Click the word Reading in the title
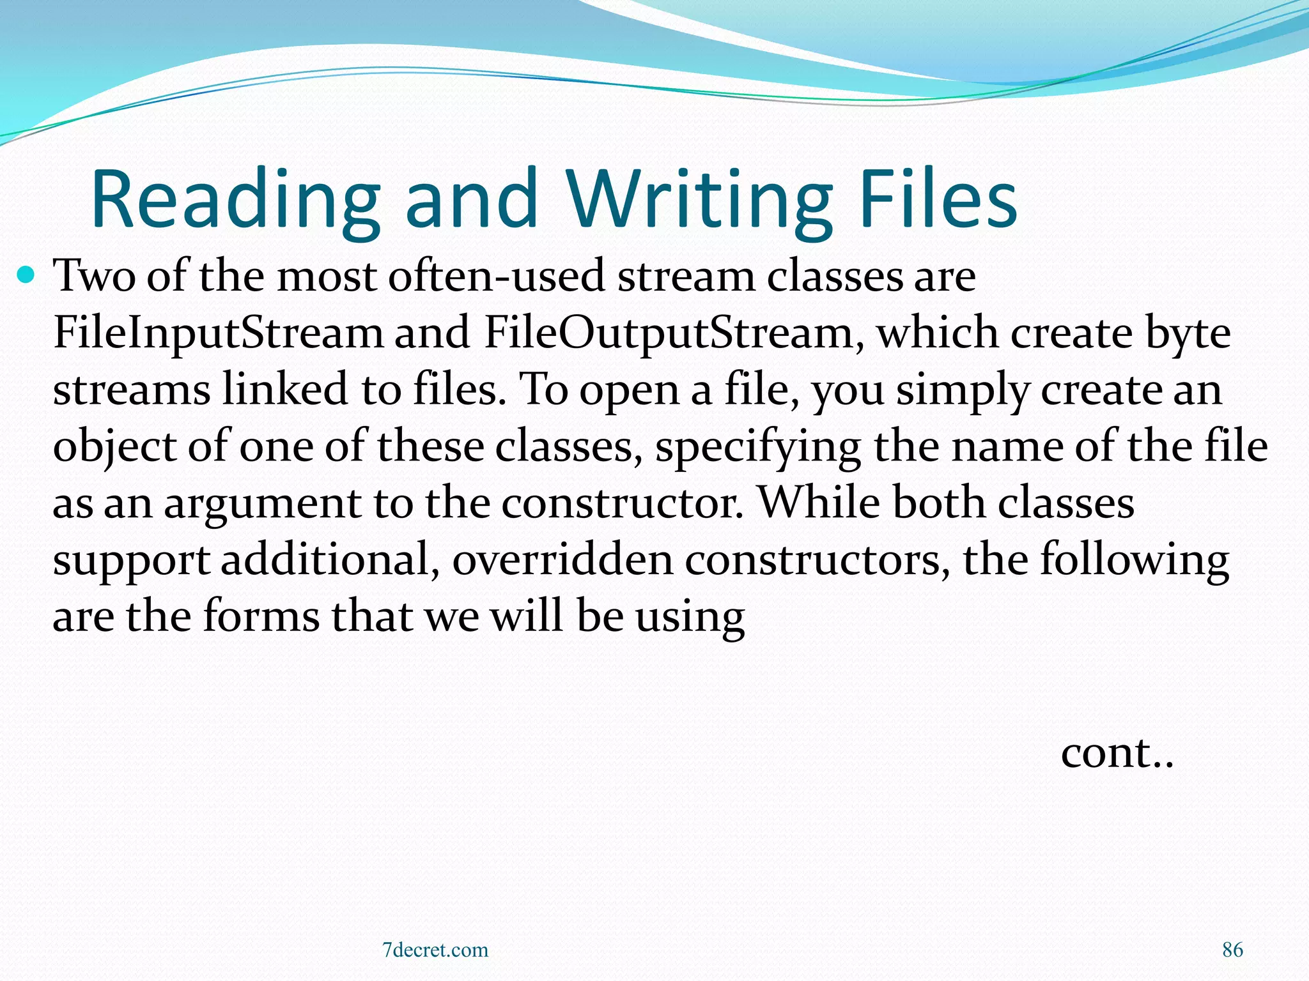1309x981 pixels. pyautogui.click(x=235, y=199)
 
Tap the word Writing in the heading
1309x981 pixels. pyautogui.click(x=699, y=199)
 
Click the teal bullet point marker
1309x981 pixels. pyautogui.click(x=26, y=276)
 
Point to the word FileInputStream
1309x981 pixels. pyautogui.click(x=218, y=333)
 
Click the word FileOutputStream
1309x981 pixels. pyautogui.click(x=669, y=333)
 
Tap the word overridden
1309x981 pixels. pyautogui.click(x=562, y=559)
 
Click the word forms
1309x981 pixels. pyautogui.click(x=261, y=616)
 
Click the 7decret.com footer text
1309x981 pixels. pyautogui.click(x=435, y=950)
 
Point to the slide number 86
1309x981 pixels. pyautogui.click(x=1232, y=950)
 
